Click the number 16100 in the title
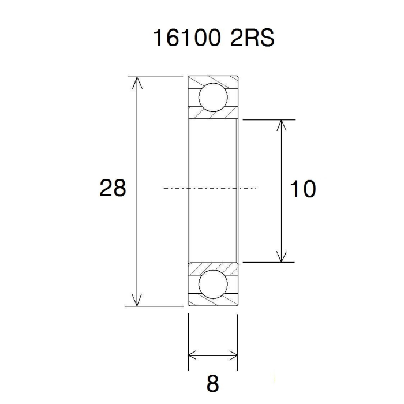coord(187,38)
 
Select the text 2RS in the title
coord(252,38)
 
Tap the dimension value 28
coord(113,188)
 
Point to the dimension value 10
coord(303,189)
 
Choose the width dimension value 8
coord(212,384)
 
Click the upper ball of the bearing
coord(213,98)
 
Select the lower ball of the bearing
coord(213,284)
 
